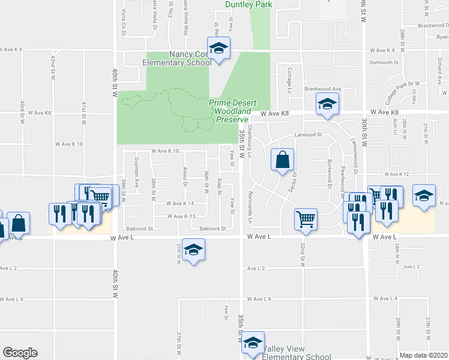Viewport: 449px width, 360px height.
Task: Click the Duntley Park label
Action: pos(249,4)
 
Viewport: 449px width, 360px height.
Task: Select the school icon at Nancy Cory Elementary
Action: pos(219,49)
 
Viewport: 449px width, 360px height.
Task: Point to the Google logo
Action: pos(20,353)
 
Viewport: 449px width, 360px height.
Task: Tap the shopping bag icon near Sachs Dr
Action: pos(282,160)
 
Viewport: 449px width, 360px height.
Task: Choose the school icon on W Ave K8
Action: pos(328,105)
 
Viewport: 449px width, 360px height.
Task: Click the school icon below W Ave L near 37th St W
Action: pos(194,250)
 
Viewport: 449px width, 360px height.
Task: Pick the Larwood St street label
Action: pos(309,135)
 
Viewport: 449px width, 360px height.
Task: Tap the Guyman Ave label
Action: pos(137,171)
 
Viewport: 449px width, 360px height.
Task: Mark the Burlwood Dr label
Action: pos(330,172)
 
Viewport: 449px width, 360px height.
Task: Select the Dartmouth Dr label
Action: pos(385,62)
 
